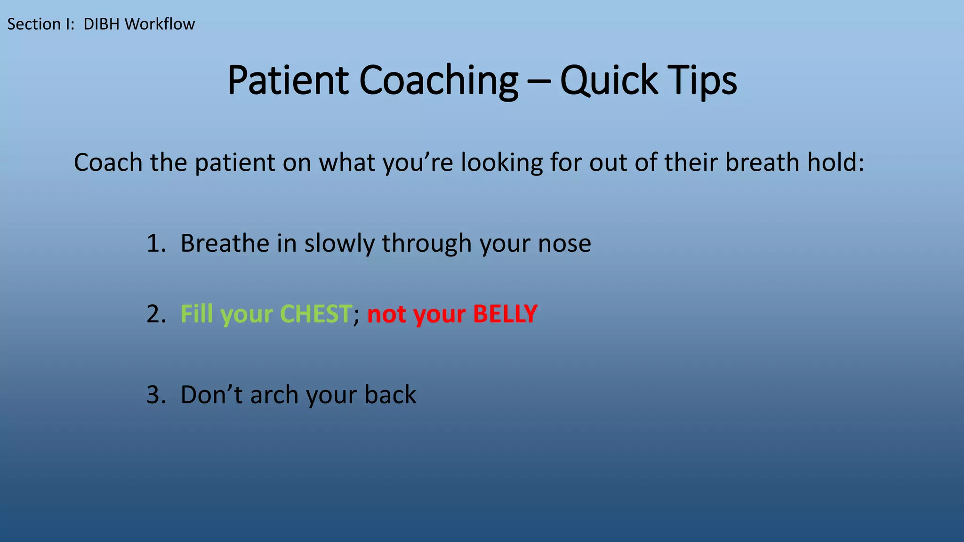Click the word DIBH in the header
[x=101, y=24]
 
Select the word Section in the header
[x=34, y=24]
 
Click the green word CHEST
[x=316, y=314]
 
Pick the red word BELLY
[x=505, y=314]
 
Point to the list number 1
[x=155, y=244]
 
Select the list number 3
[x=155, y=395]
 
